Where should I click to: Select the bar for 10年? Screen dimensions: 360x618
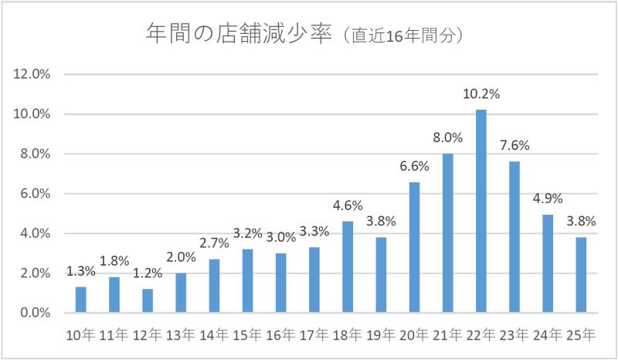tap(81, 300)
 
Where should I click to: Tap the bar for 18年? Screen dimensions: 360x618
tap(348, 267)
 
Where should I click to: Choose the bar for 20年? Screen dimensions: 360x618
tap(414, 247)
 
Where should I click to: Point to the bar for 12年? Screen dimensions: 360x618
tap(148, 301)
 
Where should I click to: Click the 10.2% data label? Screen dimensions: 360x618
tap(481, 94)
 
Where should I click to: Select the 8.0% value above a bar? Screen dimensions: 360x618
tap(447, 138)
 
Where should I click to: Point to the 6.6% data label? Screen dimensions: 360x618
tap(414, 166)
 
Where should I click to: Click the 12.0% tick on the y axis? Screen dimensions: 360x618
tap(32, 74)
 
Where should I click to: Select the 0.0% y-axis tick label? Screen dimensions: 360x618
tap(35, 313)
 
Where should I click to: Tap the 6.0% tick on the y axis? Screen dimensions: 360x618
tap(35, 194)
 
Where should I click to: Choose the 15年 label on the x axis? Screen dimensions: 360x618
tap(248, 335)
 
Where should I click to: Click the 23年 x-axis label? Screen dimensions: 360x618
tap(514, 335)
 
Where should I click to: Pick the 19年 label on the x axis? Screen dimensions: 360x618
tap(381, 335)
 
